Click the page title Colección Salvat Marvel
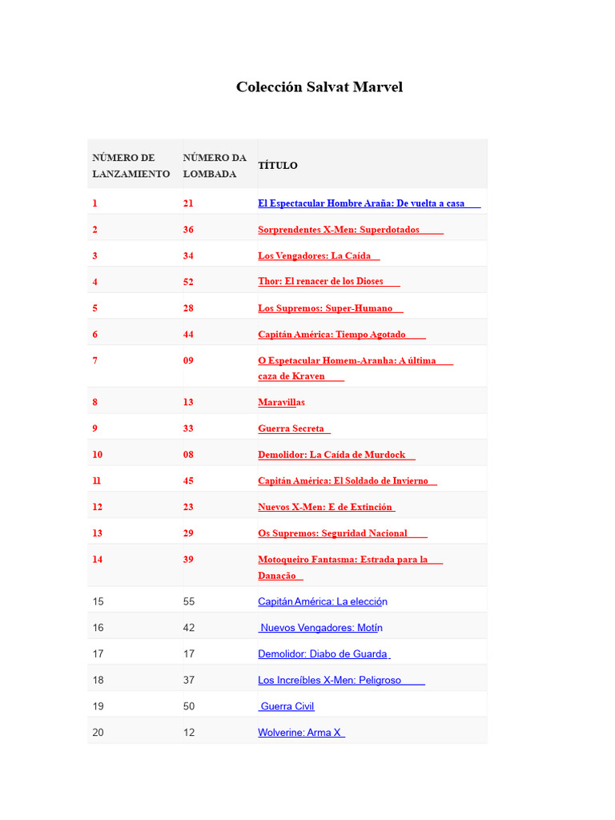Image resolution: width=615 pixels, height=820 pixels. coord(319,86)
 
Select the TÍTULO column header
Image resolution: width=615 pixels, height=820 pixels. coord(277,165)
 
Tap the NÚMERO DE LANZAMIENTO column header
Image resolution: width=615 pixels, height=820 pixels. coord(131,165)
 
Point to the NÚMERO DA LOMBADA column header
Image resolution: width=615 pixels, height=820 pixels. coord(215,165)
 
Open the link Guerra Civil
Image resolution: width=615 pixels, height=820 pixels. coord(287,706)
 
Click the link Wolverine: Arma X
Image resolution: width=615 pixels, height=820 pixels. coord(300,733)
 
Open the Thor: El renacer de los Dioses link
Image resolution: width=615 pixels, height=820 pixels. coord(320,282)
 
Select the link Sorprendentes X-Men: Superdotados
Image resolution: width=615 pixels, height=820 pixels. coord(339,230)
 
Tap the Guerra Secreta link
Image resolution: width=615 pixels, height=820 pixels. coord(291,428)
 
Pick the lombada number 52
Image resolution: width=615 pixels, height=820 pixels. coord(188,282)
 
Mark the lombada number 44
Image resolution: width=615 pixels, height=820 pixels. coord(188,335)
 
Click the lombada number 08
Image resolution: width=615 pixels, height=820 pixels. coord(188,455)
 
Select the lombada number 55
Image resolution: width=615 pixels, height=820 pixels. coord(189,601)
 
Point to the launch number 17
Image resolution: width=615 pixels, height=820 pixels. coord(98,654)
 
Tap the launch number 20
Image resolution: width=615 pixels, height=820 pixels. coord(98,733)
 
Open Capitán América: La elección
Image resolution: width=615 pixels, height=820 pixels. coord(323,601)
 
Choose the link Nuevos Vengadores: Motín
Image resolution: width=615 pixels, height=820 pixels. coord(321,628)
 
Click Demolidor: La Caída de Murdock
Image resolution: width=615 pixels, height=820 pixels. coord(332,455)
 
